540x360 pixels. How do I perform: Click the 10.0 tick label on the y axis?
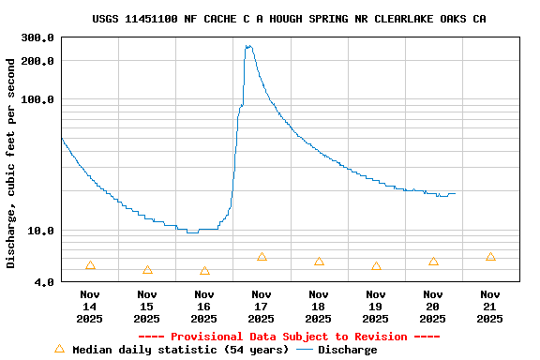tap(42, 231)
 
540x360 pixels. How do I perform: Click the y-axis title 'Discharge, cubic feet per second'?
tap(11, 163)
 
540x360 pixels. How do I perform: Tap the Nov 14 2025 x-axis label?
tap(90, 307)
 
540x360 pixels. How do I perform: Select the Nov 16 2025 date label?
tap(204, 307)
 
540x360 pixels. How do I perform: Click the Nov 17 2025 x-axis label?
tap(262, 307)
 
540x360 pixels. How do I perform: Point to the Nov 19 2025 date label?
tap(376, 307)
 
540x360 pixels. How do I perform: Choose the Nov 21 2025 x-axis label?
tap(490, 307)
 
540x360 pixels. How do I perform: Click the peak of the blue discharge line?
tap(248, 45)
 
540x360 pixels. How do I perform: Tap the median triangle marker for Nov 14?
tap(90, 265)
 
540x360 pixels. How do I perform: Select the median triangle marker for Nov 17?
tap(262, 256)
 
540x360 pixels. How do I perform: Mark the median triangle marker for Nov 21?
tap(490, 256)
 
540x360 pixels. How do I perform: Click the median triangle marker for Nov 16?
tap(204, 271)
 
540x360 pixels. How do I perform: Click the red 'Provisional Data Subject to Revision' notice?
tap(289, 337)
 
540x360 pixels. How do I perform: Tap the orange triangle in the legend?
tap(59, 349)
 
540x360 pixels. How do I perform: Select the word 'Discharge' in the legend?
tap(348, 350)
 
